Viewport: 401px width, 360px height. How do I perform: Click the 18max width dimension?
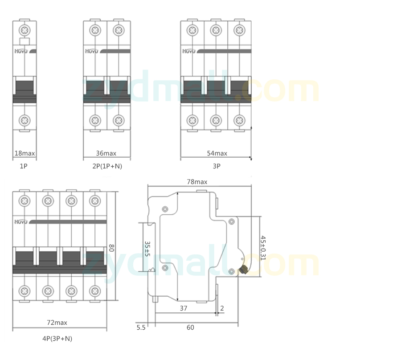[25, 153]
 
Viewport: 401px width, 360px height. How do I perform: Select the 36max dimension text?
[106, 153]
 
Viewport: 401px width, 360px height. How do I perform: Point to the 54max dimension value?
[217, 153]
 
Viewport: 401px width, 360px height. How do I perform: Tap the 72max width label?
[57, 323]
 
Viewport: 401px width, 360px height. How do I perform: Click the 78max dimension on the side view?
[197, 182]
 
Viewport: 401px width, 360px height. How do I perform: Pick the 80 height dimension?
[112, 247]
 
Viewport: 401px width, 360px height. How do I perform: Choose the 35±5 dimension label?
[147, 248]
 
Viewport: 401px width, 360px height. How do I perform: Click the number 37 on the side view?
[184, 308]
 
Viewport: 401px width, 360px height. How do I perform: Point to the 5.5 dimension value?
[141, 327]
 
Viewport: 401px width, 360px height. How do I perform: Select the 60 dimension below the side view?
[190, 327]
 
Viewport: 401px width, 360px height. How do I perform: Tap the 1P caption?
[24, 166]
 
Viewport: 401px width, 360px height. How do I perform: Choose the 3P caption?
[216, 166]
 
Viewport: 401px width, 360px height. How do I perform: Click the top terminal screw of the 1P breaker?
[25, 31]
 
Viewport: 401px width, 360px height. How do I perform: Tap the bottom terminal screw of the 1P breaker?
[25, 120]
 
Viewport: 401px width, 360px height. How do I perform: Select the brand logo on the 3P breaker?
[189, 52]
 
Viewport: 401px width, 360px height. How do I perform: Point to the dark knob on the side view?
[244, 269]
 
